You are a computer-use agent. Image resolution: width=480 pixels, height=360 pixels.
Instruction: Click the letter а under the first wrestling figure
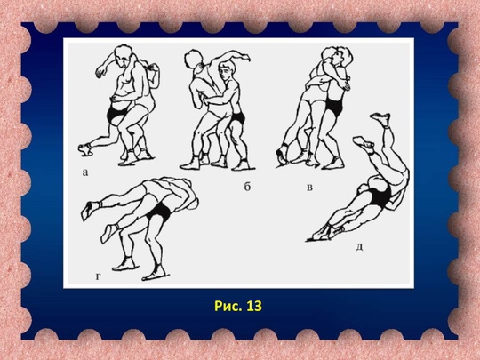pyautogui.click(x=85, y=172)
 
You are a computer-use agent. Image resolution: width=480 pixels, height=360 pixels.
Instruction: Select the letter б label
pyautogui.click(x=247, y=187)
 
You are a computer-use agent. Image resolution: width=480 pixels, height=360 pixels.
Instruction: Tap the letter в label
pyautogui.click(x=310, y=187)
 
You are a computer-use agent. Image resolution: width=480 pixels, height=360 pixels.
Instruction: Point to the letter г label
pyautogui.click(x=98, y=276)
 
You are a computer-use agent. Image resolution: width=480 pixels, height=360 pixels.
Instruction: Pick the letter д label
pyautogui.click(x=360, y=247)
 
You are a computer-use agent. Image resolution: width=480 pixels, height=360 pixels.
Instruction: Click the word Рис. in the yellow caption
pyautogui.click(x=227, y=306)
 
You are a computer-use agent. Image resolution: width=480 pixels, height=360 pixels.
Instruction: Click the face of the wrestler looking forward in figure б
pyautogui.click(x=227, y=71)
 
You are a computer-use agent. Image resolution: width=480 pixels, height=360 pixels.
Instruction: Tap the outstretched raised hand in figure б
pyautogui.click(x=244, y=56)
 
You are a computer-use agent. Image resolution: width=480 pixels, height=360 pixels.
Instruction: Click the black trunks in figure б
pyautogui.click(x=237, y=117)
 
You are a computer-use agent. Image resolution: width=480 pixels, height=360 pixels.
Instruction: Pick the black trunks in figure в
pyautogui.click(x=334, y=107)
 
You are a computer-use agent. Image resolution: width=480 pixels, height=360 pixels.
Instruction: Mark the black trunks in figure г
pyautogui.click(x=159, y=212)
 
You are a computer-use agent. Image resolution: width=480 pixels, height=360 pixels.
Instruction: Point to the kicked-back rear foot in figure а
pyautogui.click(x=84, y=149)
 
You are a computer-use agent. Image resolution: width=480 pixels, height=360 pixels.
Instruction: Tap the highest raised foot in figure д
pyautogui.click(x=380, y=118)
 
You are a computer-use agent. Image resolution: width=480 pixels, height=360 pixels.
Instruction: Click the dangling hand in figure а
pyautogui.click(x=100, y=72)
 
